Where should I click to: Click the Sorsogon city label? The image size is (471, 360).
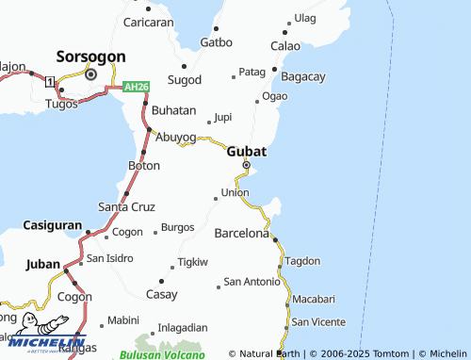92,56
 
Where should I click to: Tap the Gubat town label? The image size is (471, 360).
246,151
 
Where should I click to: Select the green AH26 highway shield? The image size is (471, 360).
137,87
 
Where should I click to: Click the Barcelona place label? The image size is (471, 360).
242,232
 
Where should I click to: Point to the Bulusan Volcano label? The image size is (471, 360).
161,354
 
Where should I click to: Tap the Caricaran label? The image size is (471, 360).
149,22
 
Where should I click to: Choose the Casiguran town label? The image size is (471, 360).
52,227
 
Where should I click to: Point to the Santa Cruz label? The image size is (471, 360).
126,206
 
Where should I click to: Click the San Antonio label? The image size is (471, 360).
251,282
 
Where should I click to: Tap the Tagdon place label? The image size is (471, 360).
302,261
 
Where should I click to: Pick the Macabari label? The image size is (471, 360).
314,299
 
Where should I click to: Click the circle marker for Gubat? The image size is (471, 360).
246,165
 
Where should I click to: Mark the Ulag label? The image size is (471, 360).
305,18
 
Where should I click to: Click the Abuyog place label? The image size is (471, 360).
175,136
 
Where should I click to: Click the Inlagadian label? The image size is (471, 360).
183,327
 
